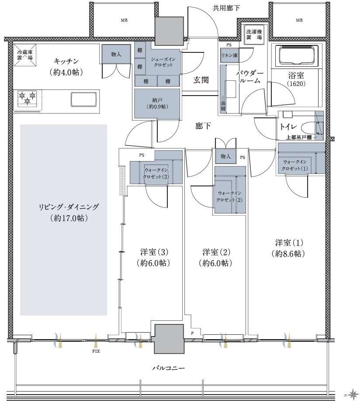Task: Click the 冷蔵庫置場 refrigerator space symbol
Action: pos(25,55)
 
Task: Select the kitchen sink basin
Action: pos(84,99)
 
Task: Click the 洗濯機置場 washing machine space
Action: pos(254,34)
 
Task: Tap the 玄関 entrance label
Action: pos(201,80)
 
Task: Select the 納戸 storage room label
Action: pos(157,103)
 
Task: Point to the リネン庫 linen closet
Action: pos(229,55)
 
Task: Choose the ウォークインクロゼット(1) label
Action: pos(294,165)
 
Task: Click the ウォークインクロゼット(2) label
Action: pos(229,196)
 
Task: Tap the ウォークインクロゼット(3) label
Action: pos(156,173)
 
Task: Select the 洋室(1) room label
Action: pos(289,248)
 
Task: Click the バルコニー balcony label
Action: pos(168,368)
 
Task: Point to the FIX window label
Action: pos(96,351)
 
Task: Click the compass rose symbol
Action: pos(353,393)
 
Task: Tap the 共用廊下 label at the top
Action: pos(226,8)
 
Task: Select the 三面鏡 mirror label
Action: pos(223,103)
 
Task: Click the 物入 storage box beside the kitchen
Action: pos(116,54)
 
